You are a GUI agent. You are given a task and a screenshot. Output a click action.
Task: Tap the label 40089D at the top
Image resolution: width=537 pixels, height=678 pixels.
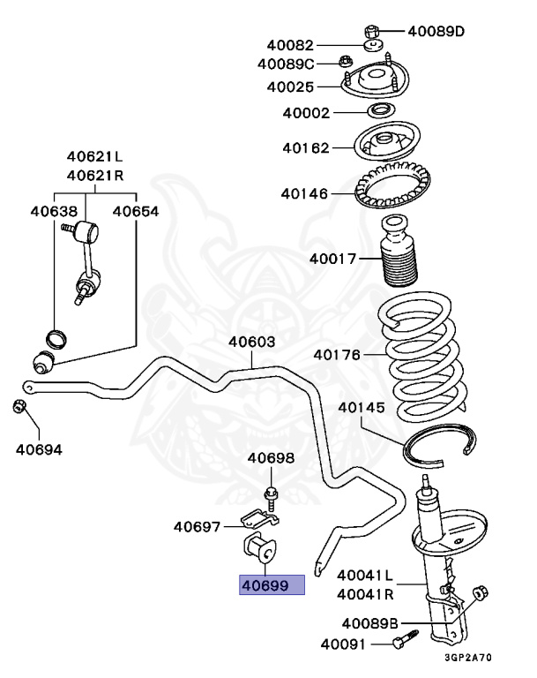coord(436,32)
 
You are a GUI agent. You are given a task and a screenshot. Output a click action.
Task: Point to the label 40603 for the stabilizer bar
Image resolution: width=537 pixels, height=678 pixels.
coord(252,343)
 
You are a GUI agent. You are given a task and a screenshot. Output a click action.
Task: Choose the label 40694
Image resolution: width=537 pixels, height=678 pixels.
coord(39,448)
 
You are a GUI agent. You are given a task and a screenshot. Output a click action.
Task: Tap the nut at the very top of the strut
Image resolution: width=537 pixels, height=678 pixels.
coord(371,29)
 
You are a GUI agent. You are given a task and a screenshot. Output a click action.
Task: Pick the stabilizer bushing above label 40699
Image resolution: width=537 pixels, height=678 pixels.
coord(261,548)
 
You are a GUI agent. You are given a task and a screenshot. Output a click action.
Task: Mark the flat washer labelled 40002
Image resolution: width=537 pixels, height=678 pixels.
coord(381,112)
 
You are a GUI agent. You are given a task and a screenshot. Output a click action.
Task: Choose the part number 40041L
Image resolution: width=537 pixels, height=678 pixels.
coord(365,575)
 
